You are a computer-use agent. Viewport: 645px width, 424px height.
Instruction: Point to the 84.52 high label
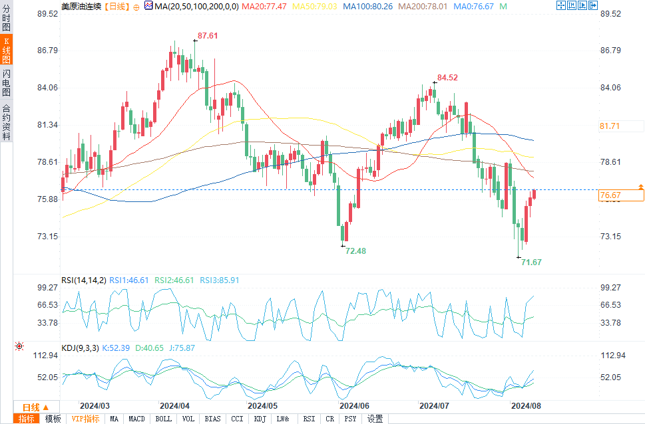448,78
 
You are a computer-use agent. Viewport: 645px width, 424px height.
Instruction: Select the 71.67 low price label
531,263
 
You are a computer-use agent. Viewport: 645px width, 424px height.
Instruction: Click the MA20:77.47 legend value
264,6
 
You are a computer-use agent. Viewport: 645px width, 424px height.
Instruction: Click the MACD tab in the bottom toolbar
136,419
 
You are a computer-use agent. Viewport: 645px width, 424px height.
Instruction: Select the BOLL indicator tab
163,419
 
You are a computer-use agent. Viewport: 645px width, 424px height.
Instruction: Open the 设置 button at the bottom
375,419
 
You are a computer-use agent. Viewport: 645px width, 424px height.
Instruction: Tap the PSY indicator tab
350,419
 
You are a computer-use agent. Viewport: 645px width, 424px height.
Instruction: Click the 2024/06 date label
354,405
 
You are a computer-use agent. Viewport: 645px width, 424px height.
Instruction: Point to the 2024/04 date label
175,405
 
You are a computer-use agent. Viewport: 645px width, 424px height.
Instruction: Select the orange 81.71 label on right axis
610,126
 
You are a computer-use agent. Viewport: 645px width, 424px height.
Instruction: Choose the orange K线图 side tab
7,51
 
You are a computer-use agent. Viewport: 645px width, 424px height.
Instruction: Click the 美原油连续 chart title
82,6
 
